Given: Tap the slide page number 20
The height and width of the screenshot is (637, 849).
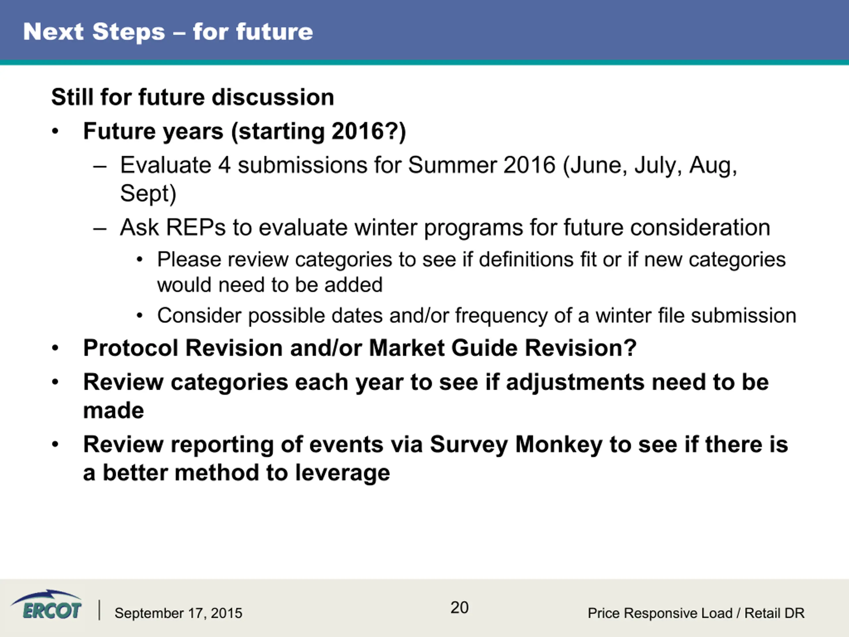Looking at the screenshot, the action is [x=459, y=607].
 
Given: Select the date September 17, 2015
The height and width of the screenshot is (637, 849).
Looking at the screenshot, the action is [x=178, y=613].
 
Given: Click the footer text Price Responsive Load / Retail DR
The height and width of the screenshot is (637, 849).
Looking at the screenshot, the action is [x=696, y=613].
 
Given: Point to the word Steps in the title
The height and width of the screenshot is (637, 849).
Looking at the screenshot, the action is [x=129, y=32].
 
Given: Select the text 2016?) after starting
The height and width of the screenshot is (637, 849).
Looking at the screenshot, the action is [x=369, y=132].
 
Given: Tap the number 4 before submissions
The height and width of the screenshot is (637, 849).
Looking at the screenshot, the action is [x=225, y=166].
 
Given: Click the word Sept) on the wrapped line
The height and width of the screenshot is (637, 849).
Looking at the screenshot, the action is [x=148, y=194].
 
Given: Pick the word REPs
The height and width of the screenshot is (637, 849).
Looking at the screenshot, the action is [x=196, y=227].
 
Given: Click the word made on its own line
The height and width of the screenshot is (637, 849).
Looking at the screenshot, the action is [x=114, y=410].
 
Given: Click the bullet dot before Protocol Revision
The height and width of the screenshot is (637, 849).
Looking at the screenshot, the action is [x=55, y=348].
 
